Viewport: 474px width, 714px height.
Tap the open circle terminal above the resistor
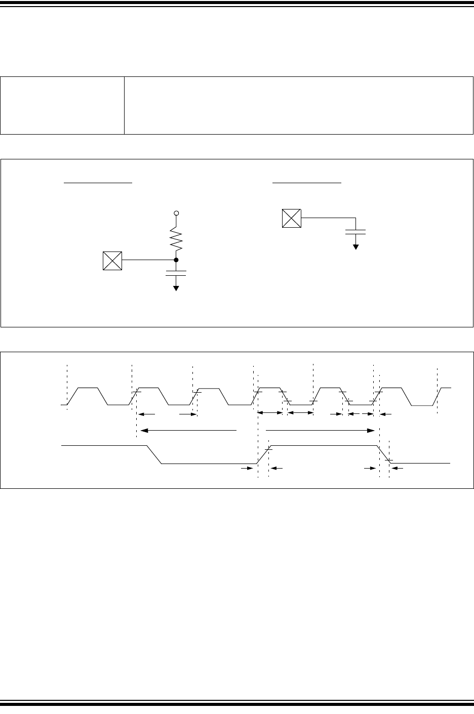(x=176, y=214)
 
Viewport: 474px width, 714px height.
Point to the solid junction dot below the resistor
(x=176, y=260)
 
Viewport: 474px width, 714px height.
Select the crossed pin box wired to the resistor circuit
(x=112, y=260)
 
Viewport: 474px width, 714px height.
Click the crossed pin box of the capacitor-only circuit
(x=291, y=218)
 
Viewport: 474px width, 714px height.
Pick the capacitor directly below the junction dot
(x=176, y=273)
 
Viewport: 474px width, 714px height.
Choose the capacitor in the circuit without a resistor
(x=355, y=232)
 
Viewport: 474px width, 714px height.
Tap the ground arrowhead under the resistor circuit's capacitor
(x=176, y=288)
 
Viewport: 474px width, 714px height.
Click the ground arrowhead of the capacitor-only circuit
(x=355, y=246)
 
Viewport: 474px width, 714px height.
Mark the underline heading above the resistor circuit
(x=98, y=182)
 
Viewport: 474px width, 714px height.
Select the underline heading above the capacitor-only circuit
(x=307, y=182)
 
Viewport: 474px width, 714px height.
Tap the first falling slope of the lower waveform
(x=154, y=454)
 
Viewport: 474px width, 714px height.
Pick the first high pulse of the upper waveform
(x=88, y=388)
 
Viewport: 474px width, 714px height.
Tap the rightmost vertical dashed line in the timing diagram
(x=437, y=390)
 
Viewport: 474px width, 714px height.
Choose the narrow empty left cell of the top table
(x=62, y=105)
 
